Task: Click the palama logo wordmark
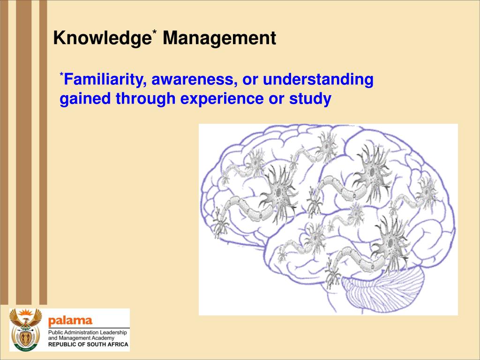tap(70, 321)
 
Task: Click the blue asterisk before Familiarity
tap(61, 75)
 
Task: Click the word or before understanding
tap(250, 80)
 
